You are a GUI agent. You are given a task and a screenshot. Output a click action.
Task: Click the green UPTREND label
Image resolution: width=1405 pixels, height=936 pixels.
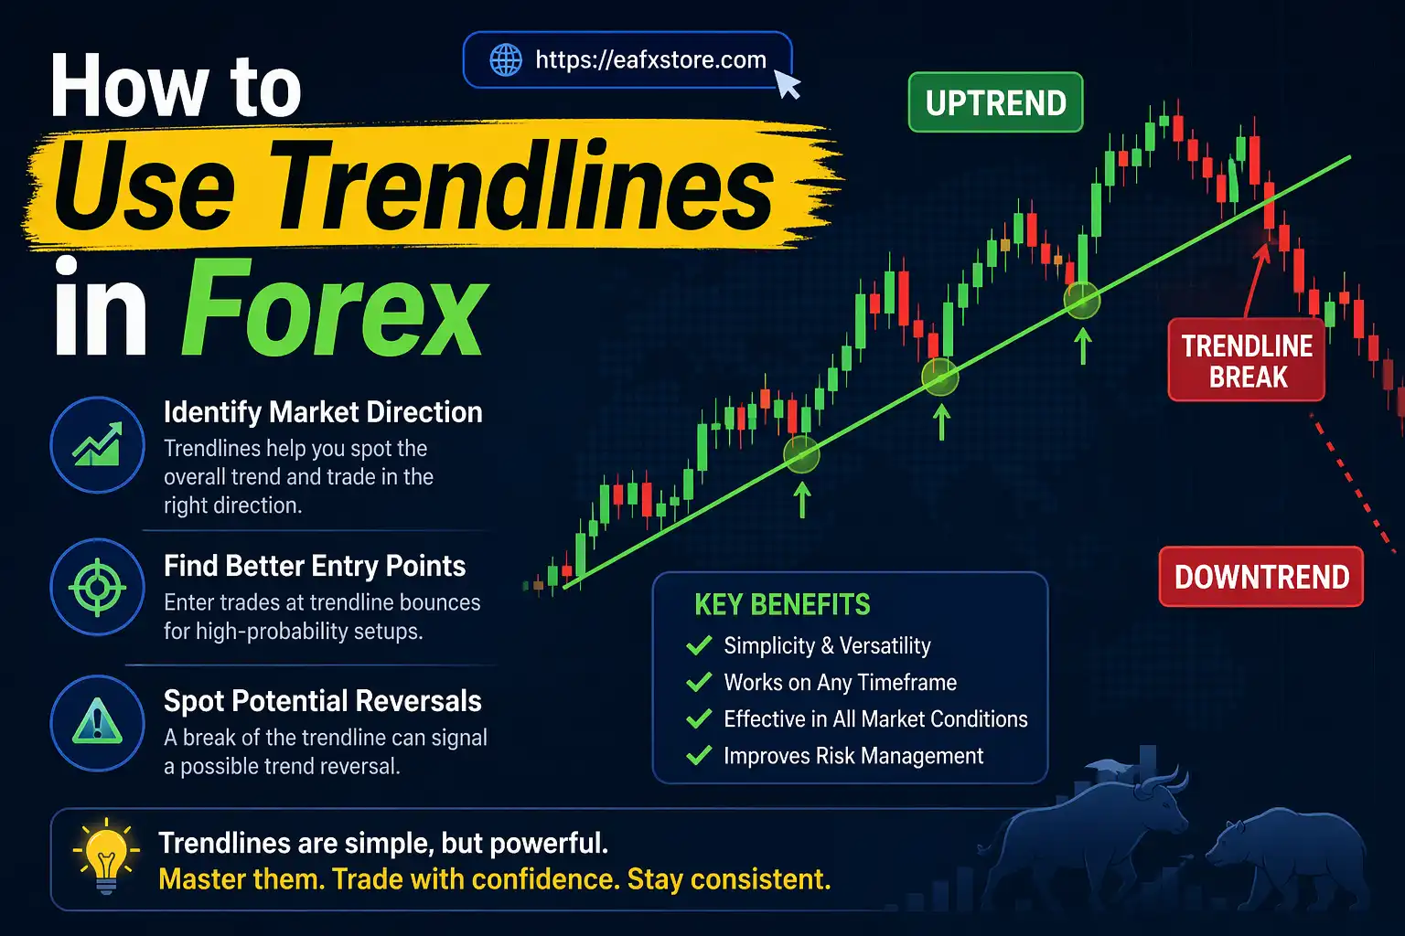coord(995,103)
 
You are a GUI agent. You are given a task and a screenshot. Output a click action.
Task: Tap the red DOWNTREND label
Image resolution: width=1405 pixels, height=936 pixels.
coord(1261,577)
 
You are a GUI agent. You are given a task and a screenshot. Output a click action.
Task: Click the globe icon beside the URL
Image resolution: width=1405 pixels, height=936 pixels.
coord(506,60)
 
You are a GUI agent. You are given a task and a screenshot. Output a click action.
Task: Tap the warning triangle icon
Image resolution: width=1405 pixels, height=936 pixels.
coord(97,723)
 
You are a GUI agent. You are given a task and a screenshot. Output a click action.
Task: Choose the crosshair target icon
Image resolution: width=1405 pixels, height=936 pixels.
coord(97,587)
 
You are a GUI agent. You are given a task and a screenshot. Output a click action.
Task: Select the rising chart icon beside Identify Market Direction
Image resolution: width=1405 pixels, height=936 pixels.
coord(97,445)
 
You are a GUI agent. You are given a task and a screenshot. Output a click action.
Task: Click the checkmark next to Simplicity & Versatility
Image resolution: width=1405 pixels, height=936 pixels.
coord(699,646)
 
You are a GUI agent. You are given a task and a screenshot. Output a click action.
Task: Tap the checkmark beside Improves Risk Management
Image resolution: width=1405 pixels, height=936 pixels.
coord(699,756)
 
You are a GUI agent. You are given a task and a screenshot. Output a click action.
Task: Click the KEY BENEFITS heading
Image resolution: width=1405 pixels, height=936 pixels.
coord(782,604)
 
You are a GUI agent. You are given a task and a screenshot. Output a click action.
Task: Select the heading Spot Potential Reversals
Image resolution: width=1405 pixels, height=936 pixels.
coord(322,701)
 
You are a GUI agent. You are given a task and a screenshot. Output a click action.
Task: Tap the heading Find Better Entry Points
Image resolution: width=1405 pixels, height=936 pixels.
coord(315,566)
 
